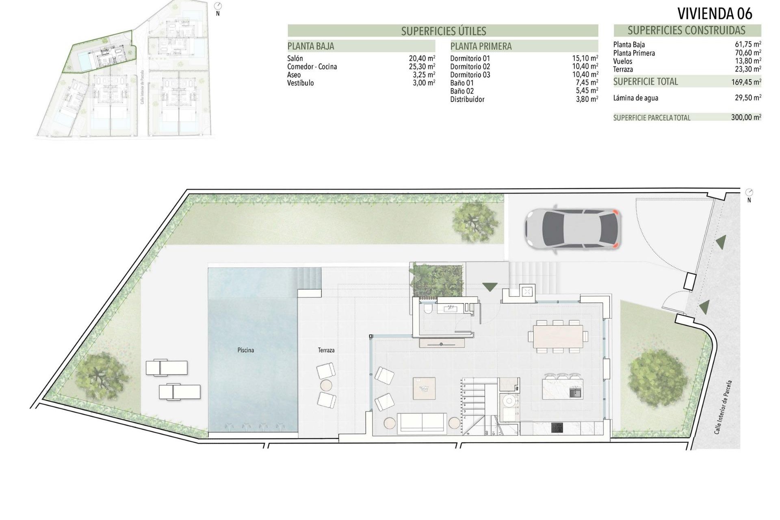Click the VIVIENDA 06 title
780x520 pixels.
(715, 14)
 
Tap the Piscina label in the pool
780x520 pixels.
(246, 350)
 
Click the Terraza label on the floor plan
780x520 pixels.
(326, 350)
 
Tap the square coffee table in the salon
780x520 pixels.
(424, 388)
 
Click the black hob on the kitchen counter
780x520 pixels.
(557, 428)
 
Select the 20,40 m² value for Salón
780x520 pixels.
(422, 58)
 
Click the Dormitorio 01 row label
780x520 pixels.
(470, 58)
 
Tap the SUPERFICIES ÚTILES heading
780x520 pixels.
(443, 31)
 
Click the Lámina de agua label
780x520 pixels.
(635, 98)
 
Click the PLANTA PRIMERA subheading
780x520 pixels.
(481, 46)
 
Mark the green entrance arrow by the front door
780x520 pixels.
(490, 287)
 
